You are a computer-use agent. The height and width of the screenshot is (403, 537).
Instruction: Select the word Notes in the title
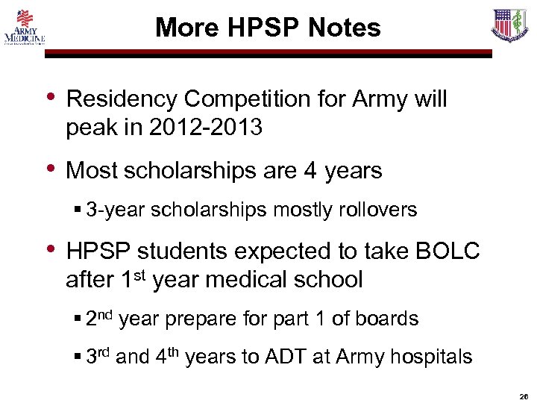pos(342,28)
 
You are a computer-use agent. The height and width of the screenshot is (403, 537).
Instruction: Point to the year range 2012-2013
pos(205,128)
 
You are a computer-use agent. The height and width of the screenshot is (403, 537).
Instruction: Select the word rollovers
pos(377,210)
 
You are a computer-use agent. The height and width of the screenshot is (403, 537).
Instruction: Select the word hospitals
pos(431,357)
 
